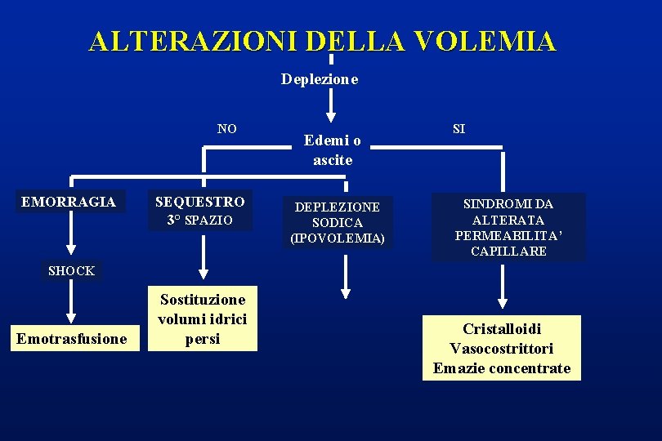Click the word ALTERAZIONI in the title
click(x=195, y=42)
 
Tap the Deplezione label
click(x=320, y=79)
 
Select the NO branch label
click(x=227, y=128)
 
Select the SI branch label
click(x=459, y=128)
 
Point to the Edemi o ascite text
click(x=333, y=150)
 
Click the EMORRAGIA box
click(x=69, y=202)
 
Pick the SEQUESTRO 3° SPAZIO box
click(x=200, y=211)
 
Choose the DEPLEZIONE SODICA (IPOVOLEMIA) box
click(x=338, y=222)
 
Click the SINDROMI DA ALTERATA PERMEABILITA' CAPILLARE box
click(x=508, y=227)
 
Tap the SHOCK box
click(x=71, y=270)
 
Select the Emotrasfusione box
click(x=72, y=338)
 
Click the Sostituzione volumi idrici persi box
click(x=202, y=318)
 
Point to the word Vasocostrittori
click(x=502, y=349)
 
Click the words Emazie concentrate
click(x=502, y=368)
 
